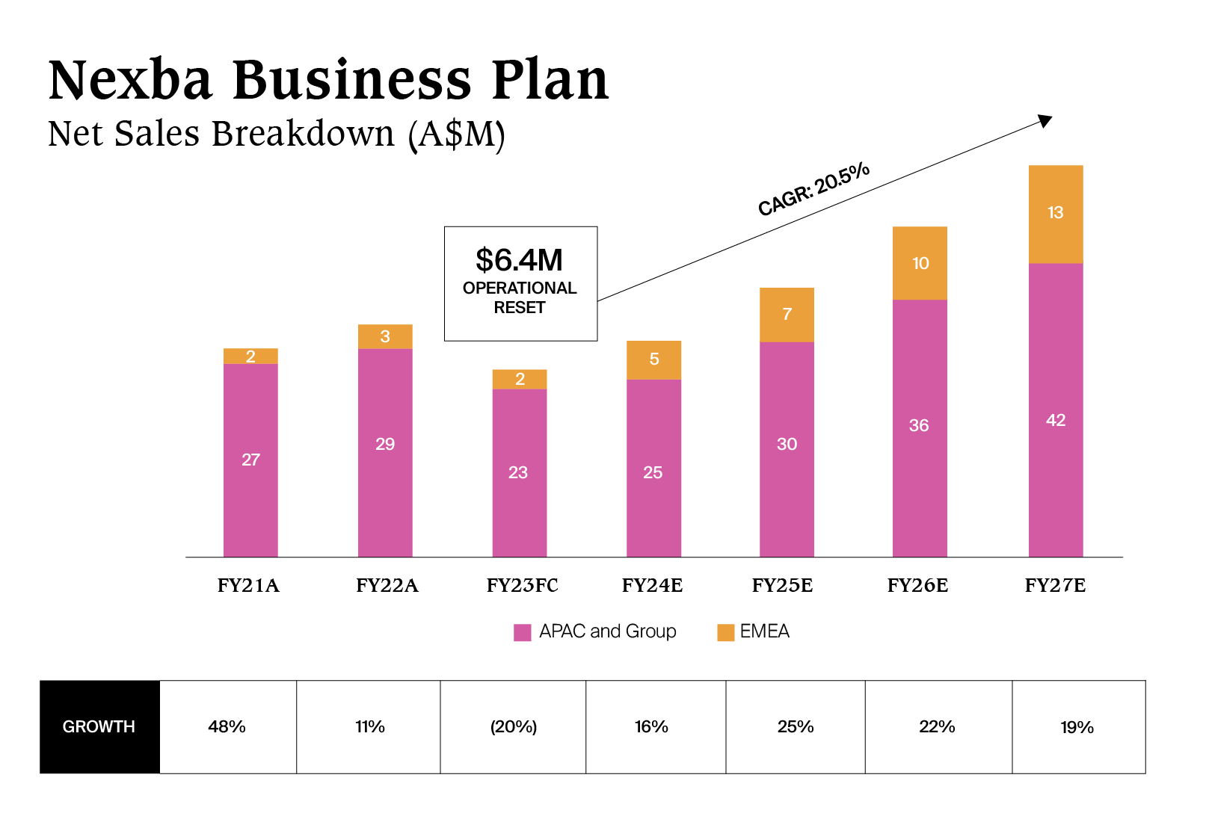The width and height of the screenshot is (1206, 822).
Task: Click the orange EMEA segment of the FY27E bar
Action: pos(1055,214)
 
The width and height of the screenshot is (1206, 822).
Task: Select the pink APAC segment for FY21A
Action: pos(250,460)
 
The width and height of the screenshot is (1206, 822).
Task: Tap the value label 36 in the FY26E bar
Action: pos(919,426)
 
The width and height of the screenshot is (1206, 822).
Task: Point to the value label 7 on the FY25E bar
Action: pos(787,314)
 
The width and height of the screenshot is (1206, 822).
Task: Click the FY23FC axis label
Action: pos(522,585)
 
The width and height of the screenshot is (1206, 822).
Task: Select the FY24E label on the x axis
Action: pos(652,585)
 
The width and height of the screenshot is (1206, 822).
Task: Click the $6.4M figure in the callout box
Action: pos(520,260)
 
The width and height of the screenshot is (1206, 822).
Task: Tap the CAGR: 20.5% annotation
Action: pos(813,189)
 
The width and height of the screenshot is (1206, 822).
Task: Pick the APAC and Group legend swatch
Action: pos(523,632)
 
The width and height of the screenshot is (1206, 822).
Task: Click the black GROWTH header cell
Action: pos(99,726)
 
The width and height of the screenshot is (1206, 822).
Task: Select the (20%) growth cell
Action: pos(514,726)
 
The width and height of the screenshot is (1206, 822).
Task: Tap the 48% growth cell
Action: pos(227,726)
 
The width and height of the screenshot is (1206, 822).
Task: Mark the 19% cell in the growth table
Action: pos(1077,727)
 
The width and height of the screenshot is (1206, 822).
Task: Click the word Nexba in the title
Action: pos(131,79)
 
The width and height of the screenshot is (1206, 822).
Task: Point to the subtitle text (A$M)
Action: pos(457,135)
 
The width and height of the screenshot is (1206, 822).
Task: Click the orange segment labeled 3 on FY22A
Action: pos(385,336)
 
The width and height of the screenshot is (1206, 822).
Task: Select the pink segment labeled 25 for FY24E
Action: pos(653,471)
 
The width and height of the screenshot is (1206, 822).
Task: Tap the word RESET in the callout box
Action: pos(520,308)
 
